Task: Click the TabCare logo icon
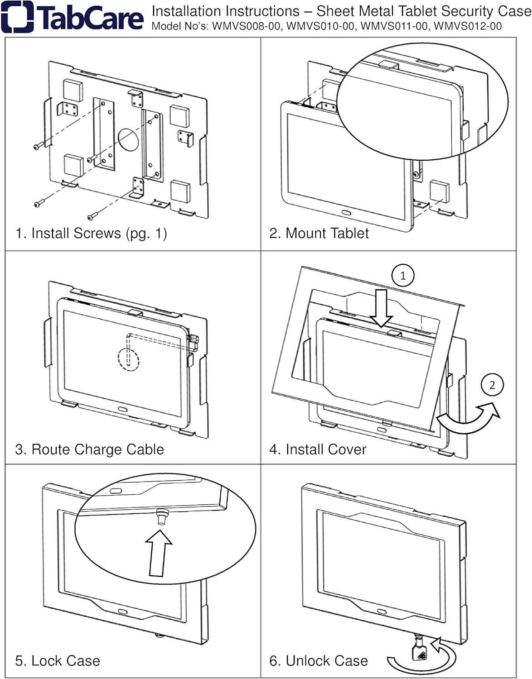coord(17,17)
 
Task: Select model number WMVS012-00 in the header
coord(468,26)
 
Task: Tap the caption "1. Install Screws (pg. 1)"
coord(91,233)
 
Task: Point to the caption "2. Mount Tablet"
coord(319,233)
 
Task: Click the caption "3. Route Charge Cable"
coord(89,449)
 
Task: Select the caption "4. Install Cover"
coord(318,449)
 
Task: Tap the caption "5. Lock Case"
coord(58,660)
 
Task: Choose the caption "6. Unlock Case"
coord(319,660)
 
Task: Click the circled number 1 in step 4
coord(403,275)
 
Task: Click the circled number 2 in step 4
coord(492,385)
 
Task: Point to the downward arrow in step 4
coord(381,308)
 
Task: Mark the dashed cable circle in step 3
coord(128,359)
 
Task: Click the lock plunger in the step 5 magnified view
coord(161,516)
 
